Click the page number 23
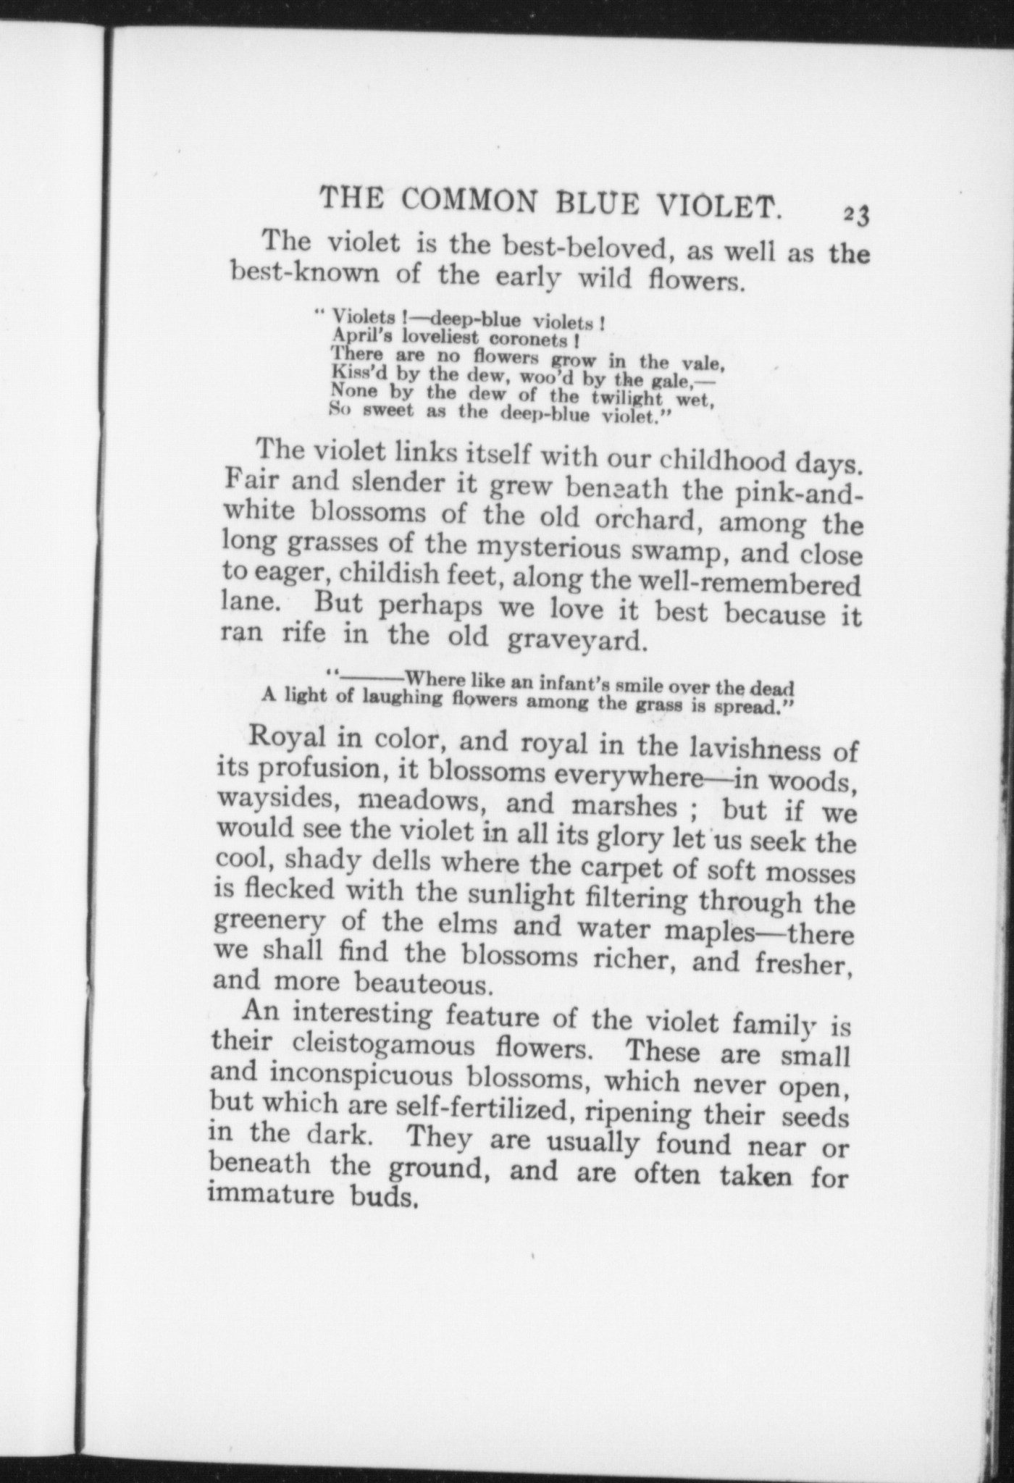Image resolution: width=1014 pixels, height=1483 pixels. [x=859, y=215]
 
